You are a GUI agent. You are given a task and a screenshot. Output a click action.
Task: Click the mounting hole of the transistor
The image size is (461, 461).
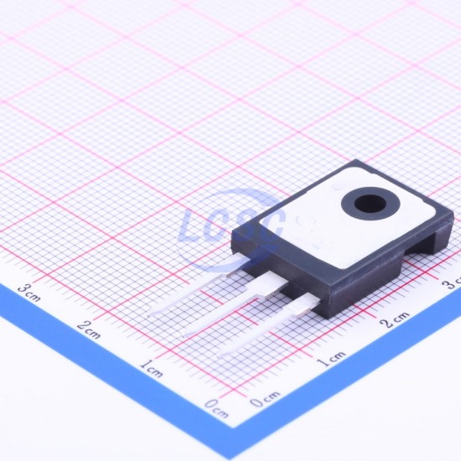(370, 204)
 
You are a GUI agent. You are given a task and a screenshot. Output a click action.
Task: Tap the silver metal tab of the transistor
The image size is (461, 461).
(347, 217)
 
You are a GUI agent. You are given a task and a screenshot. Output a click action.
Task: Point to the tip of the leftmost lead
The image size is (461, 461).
(149, 315)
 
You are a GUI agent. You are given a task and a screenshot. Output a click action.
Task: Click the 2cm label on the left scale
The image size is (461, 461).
(89, 329)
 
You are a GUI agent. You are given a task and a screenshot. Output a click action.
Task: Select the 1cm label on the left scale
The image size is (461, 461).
(151, 369)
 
